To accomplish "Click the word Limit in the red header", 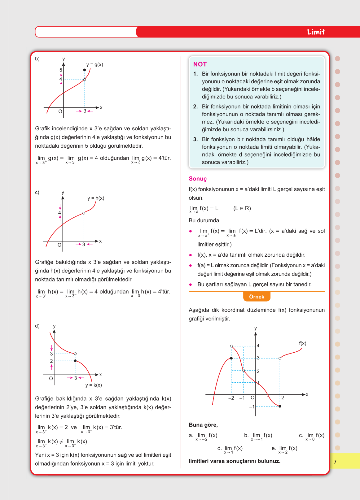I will (x=316, y=32).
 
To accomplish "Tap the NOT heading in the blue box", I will (x=200, y=64).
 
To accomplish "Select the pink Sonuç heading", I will (x=198, y=179).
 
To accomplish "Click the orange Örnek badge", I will (x=257, y=297).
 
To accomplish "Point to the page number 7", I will (x=335, y=462).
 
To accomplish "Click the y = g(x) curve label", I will (x=94, y=65).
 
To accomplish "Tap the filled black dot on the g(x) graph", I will (x=85, y=70).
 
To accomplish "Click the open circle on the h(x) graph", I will (x=84, y=213).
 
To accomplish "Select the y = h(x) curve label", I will (x=96, y=198).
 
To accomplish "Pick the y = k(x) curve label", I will (x=94, y=385).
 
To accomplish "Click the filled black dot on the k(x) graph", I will (x=75, y=361).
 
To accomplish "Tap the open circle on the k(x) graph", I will (x=75, y=354).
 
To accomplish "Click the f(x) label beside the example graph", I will (x=302, y=343).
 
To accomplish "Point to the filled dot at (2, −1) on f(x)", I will (x=280, y=406).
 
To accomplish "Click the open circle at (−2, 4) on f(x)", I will (x=231, y=346).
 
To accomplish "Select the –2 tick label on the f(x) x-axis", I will (x=231, y=398).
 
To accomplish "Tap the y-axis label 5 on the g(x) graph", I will (x=61, y=70).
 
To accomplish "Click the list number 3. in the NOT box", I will (x=195, y=139).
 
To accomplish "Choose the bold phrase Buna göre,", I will (x=203, y=425).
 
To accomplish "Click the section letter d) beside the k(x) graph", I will (x=37, y=326).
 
